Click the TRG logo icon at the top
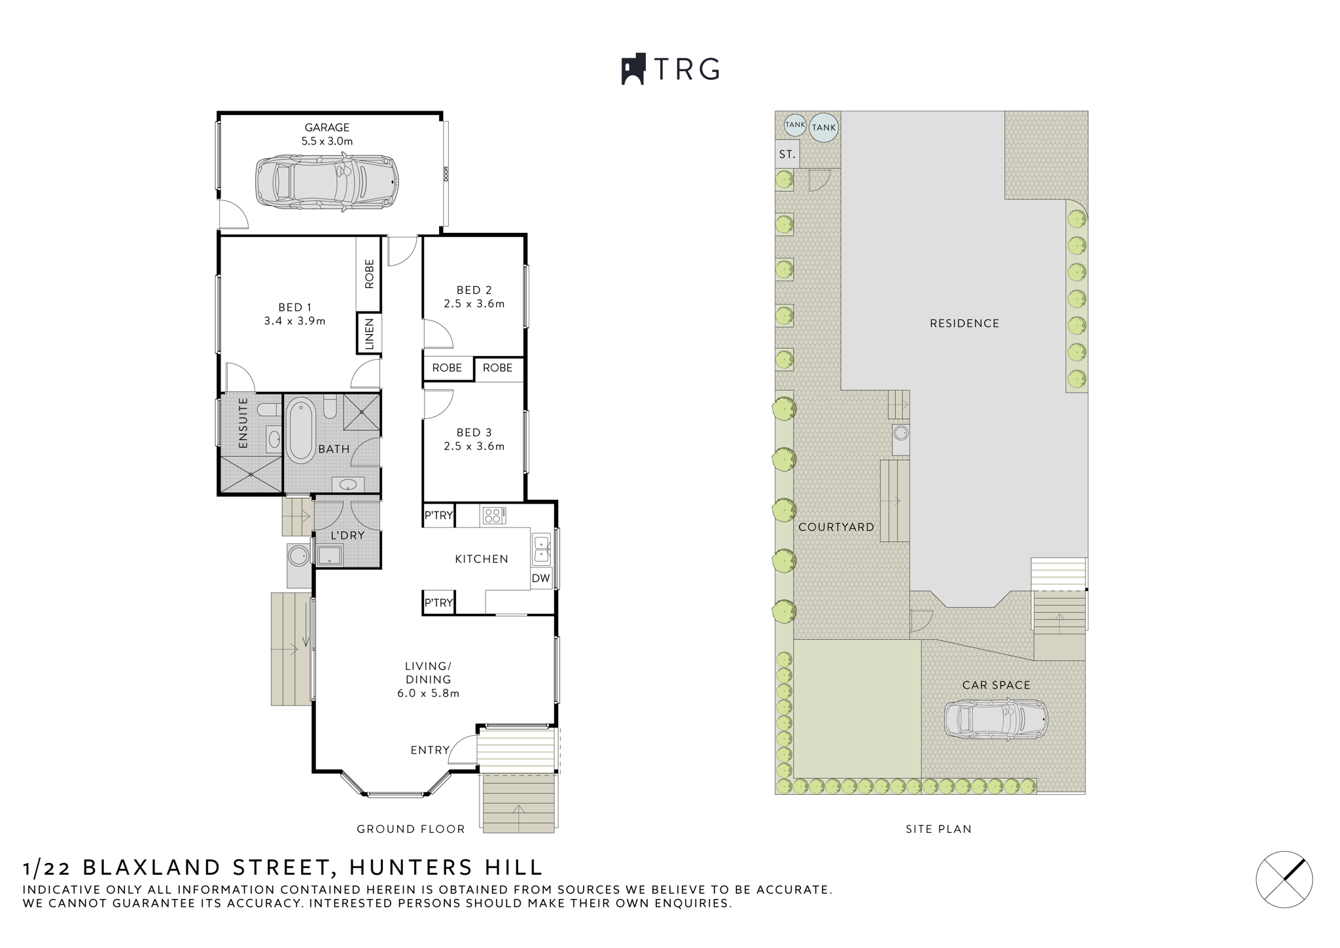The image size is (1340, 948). click(633, 69)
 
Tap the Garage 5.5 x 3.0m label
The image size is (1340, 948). click(326, 134)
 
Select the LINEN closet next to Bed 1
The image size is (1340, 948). click(369, 334)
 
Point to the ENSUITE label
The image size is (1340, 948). click(243, 423)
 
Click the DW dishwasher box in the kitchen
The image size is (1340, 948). click(540, 578)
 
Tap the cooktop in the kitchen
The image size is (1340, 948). click(494, 516)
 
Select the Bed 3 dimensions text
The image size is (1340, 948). click(474, 447)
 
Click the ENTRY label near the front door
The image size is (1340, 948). click(430, 750)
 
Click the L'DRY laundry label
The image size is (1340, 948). click(347, 535)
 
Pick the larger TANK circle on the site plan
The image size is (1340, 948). click(824, 128)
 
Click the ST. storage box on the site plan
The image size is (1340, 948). click(787, 155)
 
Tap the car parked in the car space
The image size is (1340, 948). click(996, 720)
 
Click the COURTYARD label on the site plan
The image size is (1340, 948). click(836, 527)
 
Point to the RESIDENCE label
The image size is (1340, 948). click(964, 323)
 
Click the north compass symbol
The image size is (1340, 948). click(1284, 879)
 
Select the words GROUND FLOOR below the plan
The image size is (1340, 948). click(410, 829)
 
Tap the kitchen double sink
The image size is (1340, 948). click(542, 549)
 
